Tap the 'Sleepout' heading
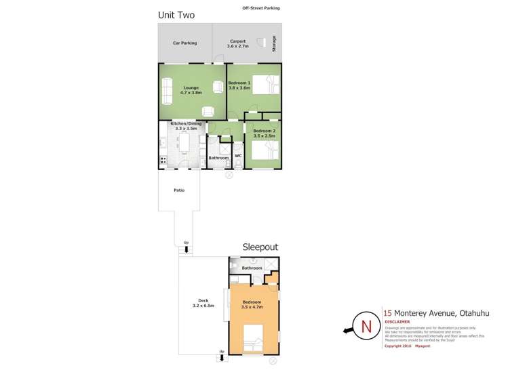pos(260,248)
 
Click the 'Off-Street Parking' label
pos(260,8)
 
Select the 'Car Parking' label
pos(184,43)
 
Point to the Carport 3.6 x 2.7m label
pos(238,43)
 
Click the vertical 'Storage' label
pos(274,43)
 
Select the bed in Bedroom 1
pos(266,84)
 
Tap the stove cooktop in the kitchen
pos(163,161)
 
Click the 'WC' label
pos(238,157)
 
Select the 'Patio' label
pos(178,190)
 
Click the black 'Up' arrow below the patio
pos(187,249)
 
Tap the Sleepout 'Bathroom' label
pos(252,268)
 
